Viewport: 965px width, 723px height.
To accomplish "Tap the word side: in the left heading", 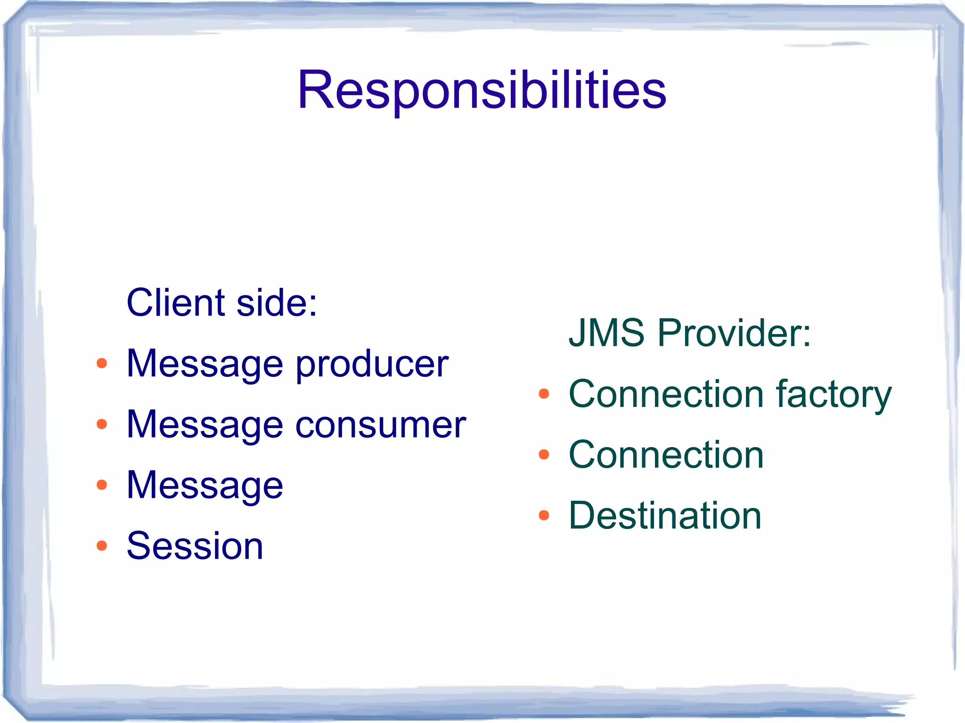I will pos(277,302).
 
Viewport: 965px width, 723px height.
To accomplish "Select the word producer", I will pos(372,365).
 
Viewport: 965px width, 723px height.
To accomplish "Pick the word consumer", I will pos(380,425).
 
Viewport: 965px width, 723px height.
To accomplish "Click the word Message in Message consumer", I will pos(204,425).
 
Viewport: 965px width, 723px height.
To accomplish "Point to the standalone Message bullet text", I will pos(204,486).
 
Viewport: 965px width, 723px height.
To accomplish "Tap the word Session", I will pos(195,546).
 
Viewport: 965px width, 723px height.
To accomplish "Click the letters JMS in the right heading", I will pos(606,333).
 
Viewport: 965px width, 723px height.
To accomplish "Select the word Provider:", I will pos(734,333).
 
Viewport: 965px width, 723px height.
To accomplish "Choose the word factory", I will pos(834,395).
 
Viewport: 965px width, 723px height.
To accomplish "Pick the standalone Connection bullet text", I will pos(666,455).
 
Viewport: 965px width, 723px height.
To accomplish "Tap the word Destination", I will pos(665,515).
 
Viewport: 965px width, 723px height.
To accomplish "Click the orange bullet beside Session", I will pos(101,546).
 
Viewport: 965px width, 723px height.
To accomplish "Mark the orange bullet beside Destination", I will pos(544,515).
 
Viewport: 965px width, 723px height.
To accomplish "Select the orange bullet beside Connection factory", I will pos(544,394).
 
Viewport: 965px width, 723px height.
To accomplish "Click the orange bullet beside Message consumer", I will pos(101,424).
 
